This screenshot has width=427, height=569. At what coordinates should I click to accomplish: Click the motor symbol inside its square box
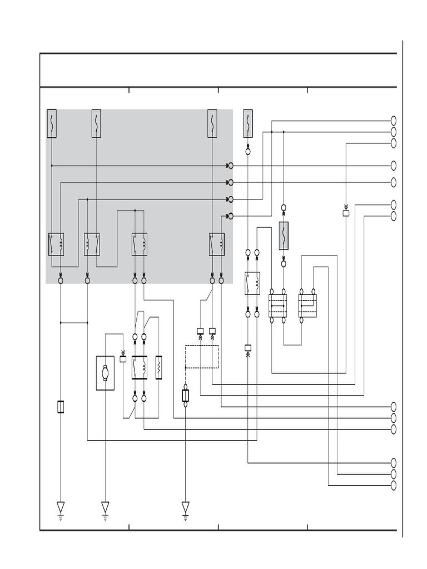tap(105, 373)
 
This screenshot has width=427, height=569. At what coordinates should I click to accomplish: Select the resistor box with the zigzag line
tap(158, 367)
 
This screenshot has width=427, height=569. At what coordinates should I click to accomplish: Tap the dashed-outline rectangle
tap(202, 357)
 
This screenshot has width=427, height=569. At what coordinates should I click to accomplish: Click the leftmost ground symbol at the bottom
tap(61, 508)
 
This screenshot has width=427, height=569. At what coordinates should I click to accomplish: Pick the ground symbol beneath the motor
tap(105, 508)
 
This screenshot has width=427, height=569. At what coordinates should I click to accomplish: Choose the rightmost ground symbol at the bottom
tap(186, 508)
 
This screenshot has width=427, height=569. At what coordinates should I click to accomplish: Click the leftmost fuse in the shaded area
tap(52, 123)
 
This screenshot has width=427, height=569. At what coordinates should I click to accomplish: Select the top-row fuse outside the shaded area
tap(248, 123)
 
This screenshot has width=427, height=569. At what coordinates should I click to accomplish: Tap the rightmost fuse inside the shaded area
tap(212, 123)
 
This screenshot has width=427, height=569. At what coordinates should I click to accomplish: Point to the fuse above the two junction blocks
tap(284, 236)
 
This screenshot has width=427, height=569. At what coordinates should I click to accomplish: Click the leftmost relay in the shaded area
tap(56, 244)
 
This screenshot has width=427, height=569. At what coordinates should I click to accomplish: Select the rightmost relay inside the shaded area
tap(217, 244)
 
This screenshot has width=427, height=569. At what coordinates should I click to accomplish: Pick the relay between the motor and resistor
tap(139, 367)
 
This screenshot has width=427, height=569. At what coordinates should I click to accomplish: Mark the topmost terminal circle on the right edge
tap(394, 121)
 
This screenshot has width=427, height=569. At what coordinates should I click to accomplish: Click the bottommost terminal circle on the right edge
tap(394, 486)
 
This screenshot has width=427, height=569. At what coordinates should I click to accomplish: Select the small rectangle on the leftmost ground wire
tap(61, 407)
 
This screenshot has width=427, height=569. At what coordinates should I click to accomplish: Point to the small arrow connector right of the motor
tap(123, 358)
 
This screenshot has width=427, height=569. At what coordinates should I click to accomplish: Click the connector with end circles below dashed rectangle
tap(186, 396)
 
